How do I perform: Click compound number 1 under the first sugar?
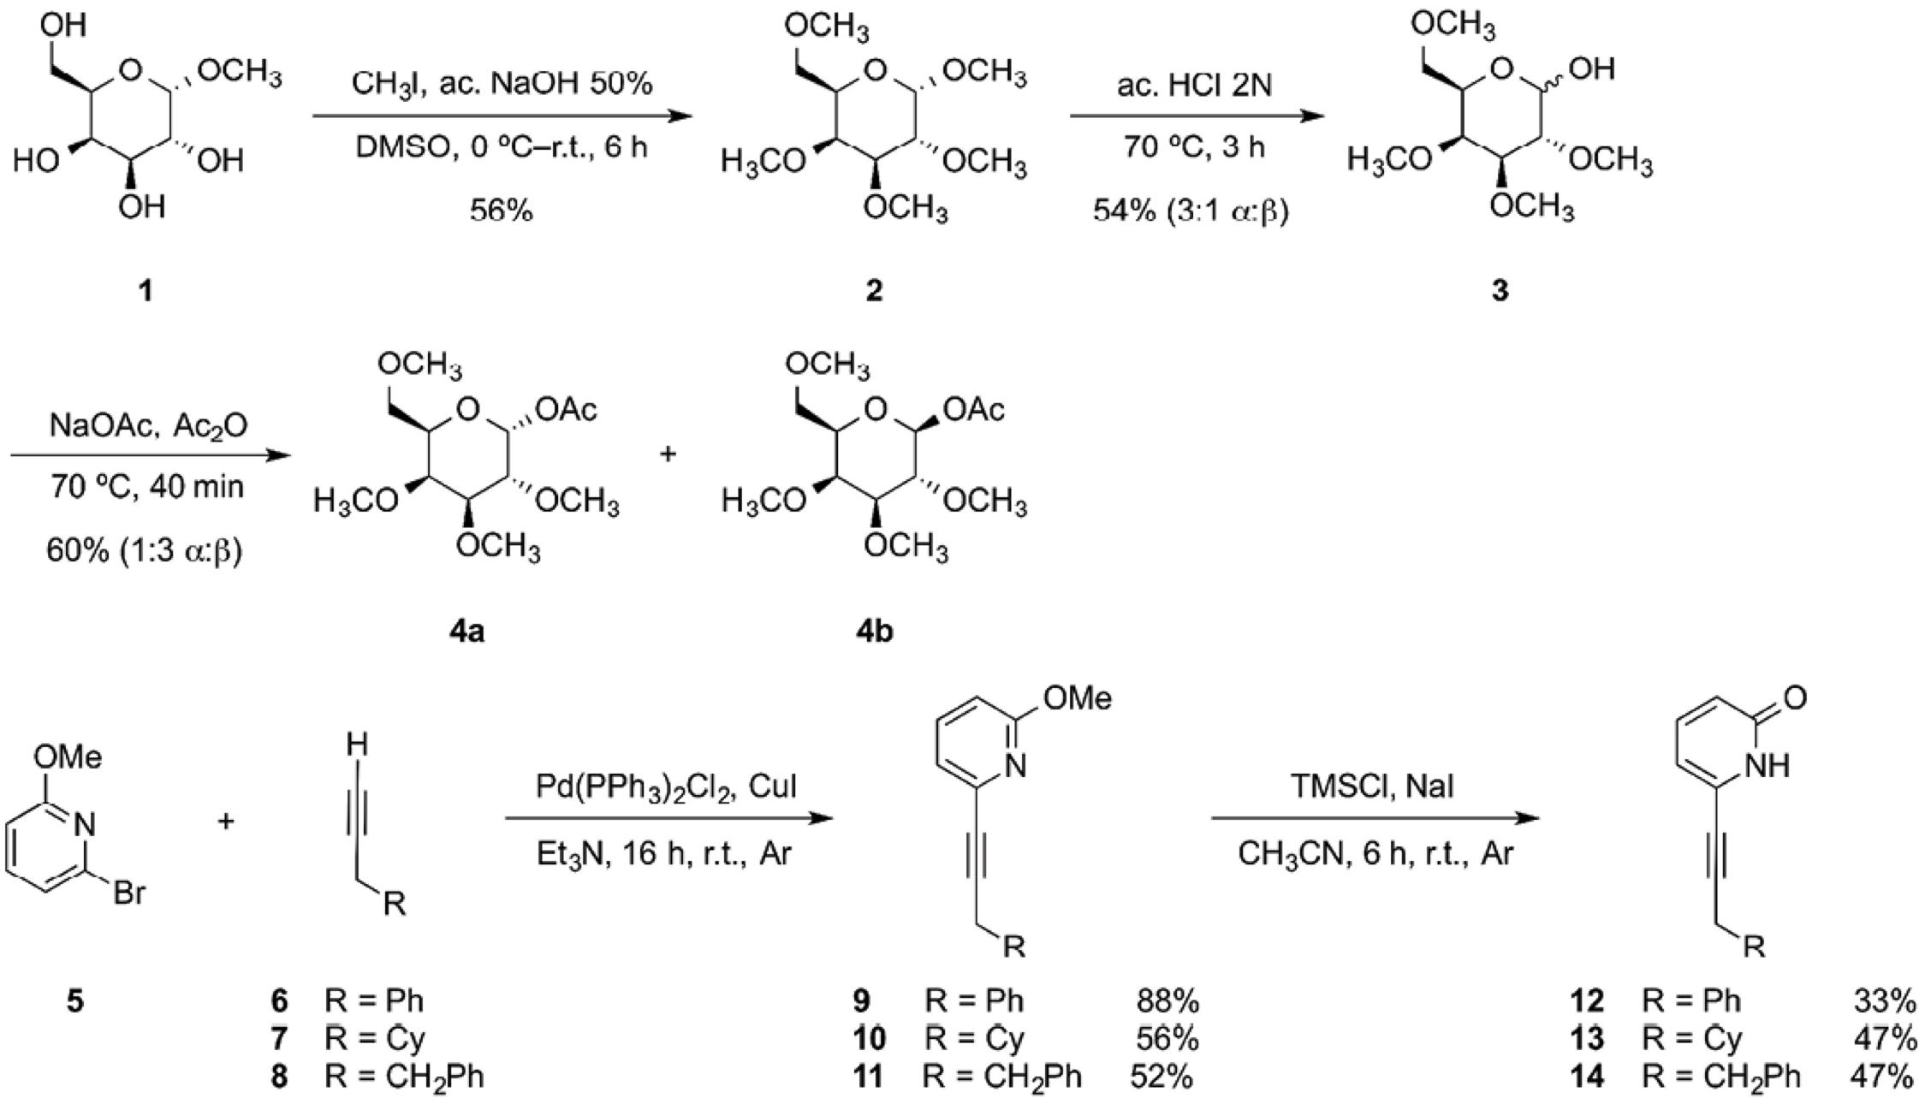click(146, 291)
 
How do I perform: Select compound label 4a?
click(463, 632)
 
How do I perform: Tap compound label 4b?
click(872, 632)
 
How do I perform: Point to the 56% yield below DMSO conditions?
click(501, 210)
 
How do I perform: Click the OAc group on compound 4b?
click(974, 412)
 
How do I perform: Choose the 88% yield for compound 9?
click(1167, 1000)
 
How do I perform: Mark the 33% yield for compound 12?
click(1885, 1000)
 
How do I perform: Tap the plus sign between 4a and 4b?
click(668, 454)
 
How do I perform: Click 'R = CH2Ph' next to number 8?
click(404, 1076)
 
